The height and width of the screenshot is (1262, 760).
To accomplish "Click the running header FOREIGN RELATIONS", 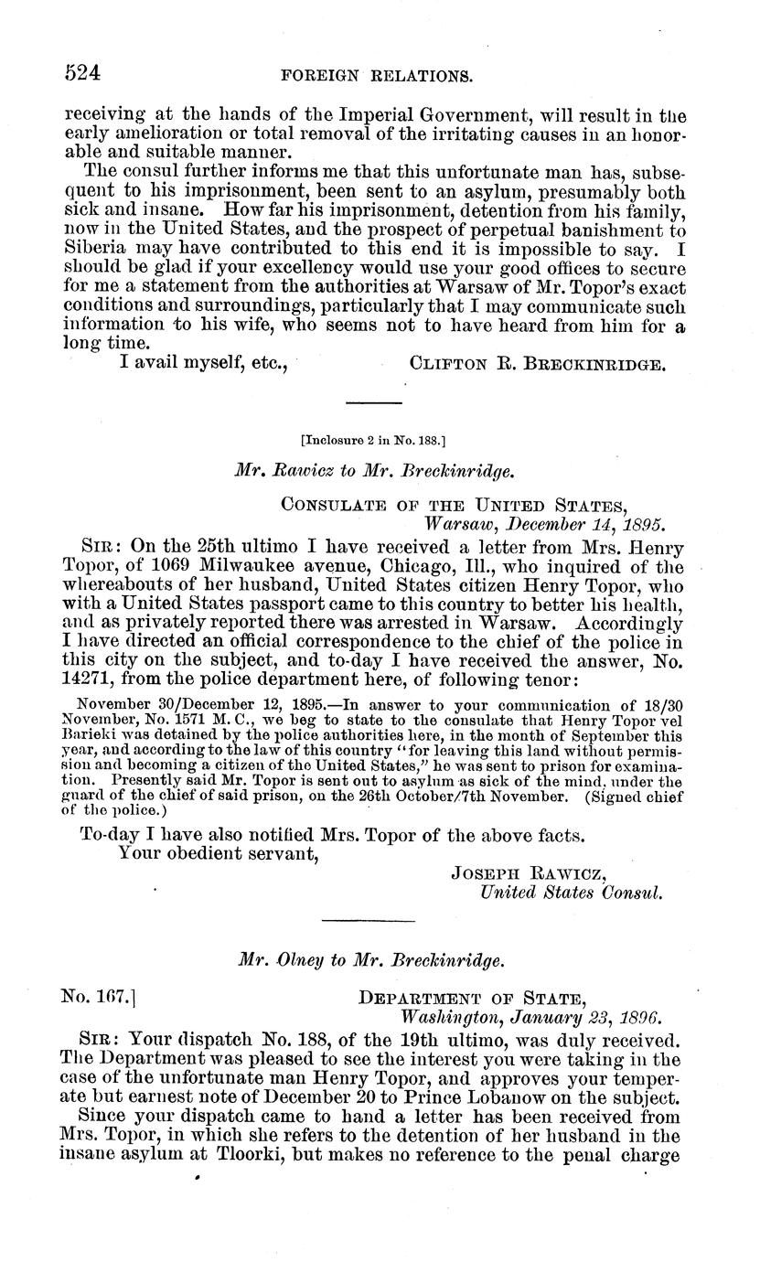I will coord(389,77).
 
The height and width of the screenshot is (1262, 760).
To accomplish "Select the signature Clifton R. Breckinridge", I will coord(539,364).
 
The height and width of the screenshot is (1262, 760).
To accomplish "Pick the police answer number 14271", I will coord(90,679).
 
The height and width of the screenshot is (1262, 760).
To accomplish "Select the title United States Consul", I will coord(571,892).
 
